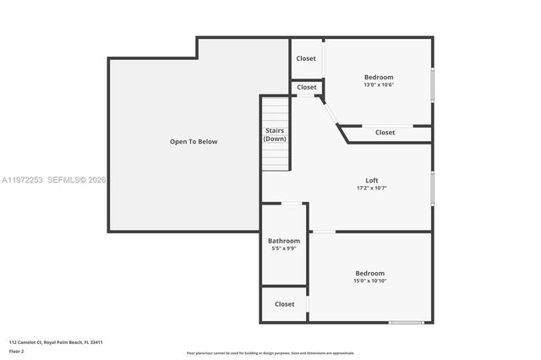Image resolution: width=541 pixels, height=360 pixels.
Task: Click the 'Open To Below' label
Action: tap(194, 142)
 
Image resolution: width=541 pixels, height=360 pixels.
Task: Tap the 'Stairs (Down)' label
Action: tap(275, 134)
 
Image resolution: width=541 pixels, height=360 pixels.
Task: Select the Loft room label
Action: tap(372, 180)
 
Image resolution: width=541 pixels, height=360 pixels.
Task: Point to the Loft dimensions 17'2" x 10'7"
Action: tap(372, 188)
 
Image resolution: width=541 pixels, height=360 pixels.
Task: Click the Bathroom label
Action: tap(284, 241)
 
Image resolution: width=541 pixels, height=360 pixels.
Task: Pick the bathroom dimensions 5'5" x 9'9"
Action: tap(284, 248)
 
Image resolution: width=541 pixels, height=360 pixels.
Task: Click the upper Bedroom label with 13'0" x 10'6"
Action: tap(379, 77)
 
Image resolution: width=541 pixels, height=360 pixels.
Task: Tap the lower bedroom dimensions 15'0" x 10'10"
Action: tap(369, 281)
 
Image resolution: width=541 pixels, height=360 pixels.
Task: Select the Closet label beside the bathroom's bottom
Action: tap(284, 304)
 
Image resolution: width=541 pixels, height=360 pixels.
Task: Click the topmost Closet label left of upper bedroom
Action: tap(306, 58)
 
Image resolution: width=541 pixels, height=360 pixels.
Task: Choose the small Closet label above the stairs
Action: tap(307, 87)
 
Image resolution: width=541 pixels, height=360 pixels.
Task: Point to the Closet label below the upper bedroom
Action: tap(385, 132)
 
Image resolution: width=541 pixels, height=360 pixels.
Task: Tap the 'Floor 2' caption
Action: tap(17, 351)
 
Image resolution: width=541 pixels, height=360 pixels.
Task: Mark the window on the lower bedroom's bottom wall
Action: tap(407, 322)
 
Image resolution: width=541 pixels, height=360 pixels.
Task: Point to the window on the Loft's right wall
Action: tap(432, 188)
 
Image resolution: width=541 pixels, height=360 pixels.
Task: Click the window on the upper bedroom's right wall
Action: tap(432, 84)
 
